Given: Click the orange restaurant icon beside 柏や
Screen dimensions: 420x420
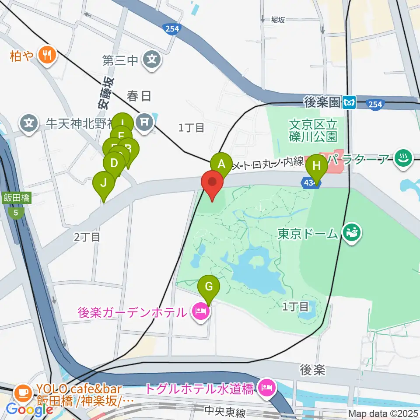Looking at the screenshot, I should coord(46,55).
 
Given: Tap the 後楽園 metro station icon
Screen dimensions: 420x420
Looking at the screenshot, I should coord(350,103).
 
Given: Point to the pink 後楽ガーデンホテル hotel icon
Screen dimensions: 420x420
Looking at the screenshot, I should coord(200,312).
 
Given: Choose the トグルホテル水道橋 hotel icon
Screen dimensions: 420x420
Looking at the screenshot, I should coord(266,387).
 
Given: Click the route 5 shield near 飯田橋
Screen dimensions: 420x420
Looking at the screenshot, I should coord(16,213).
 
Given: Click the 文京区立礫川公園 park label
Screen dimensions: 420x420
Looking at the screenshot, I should coord(313,130).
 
